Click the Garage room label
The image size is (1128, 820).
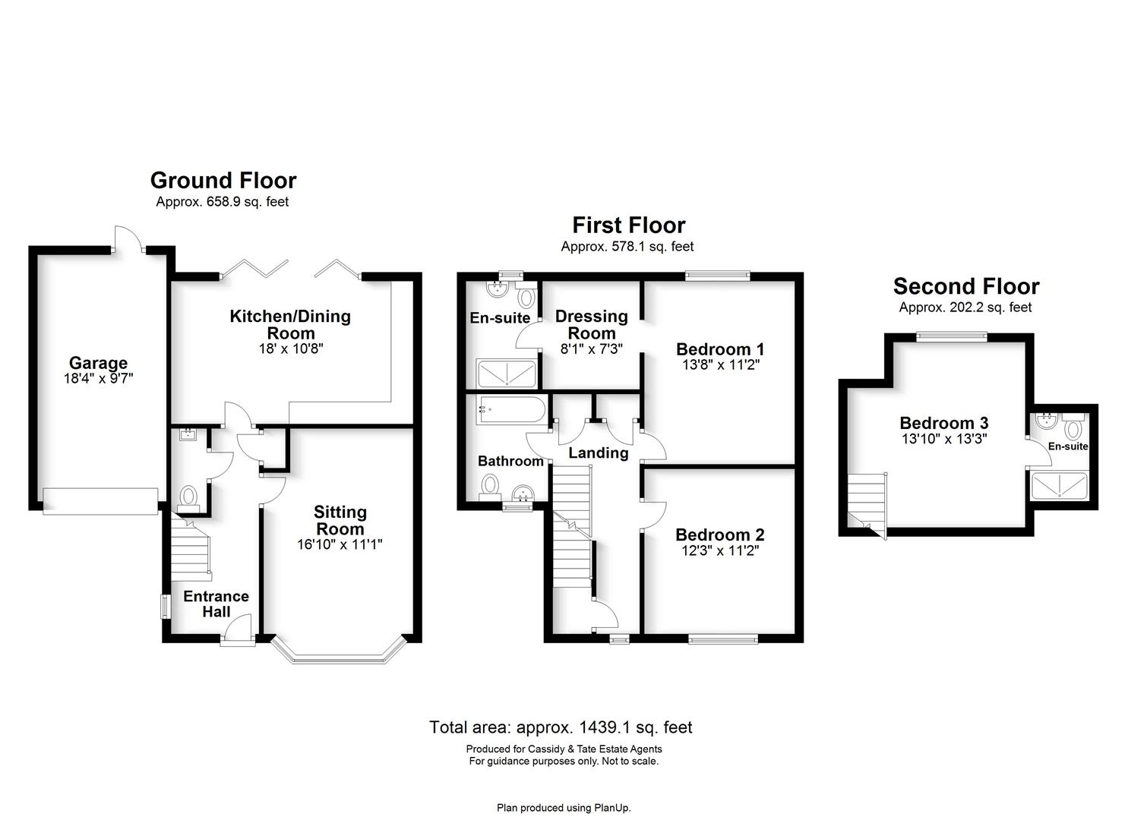98,363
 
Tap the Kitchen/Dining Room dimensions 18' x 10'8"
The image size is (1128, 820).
291,349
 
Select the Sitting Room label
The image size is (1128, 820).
340,520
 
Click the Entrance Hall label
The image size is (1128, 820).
216,604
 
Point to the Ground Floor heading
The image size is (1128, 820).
223,180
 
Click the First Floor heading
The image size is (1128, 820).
628,225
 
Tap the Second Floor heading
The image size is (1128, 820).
965,286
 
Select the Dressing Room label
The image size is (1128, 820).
591,324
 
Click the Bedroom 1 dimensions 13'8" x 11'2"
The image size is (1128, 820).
720,365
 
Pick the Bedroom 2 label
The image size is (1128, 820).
719,535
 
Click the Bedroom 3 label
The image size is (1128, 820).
943,423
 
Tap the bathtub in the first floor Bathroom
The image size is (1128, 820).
510,411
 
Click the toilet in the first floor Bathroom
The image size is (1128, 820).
491,484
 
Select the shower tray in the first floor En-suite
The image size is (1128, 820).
506,374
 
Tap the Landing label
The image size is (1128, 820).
598,453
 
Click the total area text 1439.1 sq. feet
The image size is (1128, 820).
561,727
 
